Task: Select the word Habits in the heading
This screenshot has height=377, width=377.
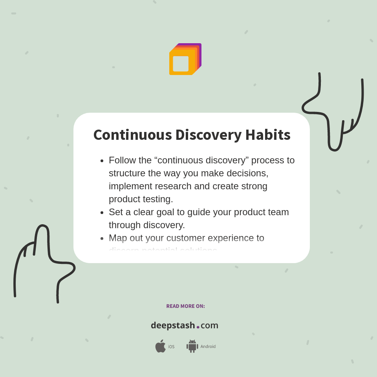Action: (x=268, y=135)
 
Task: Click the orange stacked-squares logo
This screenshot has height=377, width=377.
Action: (x=185, y=59)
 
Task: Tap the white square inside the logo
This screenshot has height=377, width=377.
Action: (x=181, y=64)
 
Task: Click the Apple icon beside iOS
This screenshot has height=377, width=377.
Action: (x=160, y=346)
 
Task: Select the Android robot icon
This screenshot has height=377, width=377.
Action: (x=192, y=346)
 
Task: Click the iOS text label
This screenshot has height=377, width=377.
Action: (x=171, y=347)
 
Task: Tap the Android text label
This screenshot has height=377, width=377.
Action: (x=208, y=347)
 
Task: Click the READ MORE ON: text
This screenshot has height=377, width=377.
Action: (x=185, y=306)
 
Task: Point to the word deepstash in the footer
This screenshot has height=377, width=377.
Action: (x=173, y=325)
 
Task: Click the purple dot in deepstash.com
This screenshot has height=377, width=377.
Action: (x=198, y=327)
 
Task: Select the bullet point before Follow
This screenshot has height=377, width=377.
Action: (x=102, y=161)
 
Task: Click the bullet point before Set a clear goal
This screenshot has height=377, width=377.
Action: (x=102, y=212)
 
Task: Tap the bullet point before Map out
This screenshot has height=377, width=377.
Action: (x=102, y=238)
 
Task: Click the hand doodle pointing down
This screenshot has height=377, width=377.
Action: (x=334, y=114)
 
